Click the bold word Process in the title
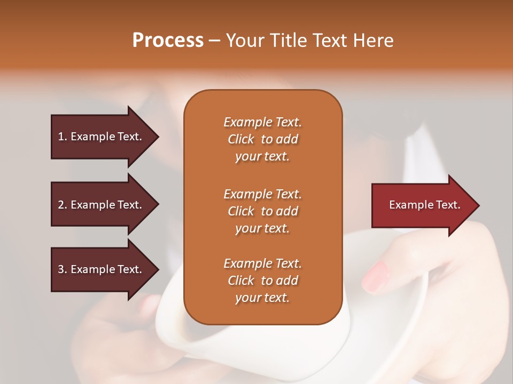pos(168,40)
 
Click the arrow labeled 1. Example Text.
pos(102,137)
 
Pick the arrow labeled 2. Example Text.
pos(102,205)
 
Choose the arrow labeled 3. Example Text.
pos(102,269)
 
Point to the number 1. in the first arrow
pos(63,137)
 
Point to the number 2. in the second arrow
pos(63,205)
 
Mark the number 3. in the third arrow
pos(63,269)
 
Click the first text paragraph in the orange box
pos(262,139)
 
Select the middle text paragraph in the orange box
pos(262,211)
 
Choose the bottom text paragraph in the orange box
pos(262,281)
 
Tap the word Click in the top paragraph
pos(241,139)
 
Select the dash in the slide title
pos(214,41)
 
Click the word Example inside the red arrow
pos(409,205)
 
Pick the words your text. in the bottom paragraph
pos(262,298)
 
